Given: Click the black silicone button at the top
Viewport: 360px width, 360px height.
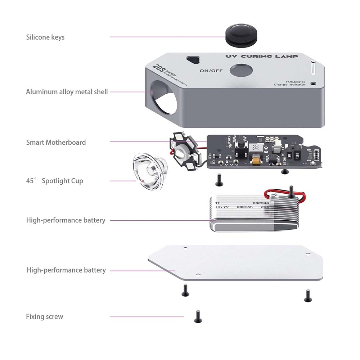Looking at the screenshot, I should [x=239, y=33].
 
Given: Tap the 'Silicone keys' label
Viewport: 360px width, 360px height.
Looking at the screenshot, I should [x=45, y=37].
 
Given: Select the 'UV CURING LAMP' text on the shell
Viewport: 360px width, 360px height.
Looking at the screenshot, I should [x=261, y=56].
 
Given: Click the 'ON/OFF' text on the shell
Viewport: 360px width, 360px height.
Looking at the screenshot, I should [x=211, y=71].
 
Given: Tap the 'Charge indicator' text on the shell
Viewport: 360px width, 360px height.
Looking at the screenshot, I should [x=289, y=85].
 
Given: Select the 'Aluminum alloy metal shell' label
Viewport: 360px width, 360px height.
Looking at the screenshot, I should [x=67, y=92].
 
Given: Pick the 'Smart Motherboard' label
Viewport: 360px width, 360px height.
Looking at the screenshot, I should [x=56, y=142].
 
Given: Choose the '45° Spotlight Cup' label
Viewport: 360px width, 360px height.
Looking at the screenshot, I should [x=54, y=181].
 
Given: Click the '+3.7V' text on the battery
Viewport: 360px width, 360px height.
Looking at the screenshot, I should [x=222, y=207].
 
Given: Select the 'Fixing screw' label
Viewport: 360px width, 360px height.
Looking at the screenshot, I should [x=44, y=317].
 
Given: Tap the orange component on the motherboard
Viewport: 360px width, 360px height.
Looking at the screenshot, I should [x=257, y=161].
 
